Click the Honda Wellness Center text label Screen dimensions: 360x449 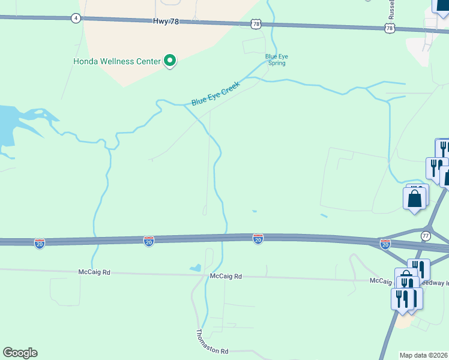click(116, 61)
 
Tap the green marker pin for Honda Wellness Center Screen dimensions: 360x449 click(170, 61)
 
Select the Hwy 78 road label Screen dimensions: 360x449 click(167, 22)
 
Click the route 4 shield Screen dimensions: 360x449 click(75, 18)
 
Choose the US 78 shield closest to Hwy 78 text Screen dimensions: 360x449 click(256, 24)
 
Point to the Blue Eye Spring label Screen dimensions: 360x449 click(277, 59)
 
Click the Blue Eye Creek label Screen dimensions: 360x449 click(215, 94)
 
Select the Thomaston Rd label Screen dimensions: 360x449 click(212, 342)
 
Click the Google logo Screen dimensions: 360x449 click(20, 353)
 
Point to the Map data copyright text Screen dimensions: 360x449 click(424, 355)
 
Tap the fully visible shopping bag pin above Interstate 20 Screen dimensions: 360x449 click(414, 199)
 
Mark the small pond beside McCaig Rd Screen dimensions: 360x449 click(196, 268)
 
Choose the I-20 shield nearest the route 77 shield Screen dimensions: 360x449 click(385, 244)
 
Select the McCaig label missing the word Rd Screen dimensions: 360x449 click(381, 280)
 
